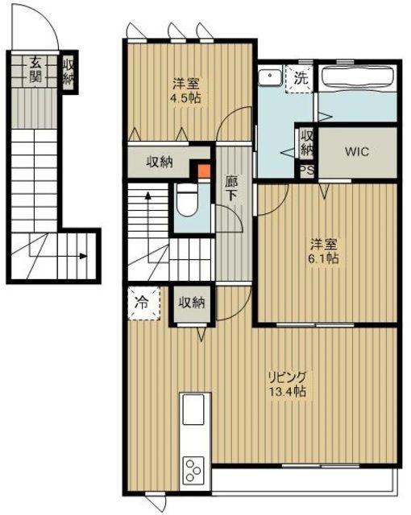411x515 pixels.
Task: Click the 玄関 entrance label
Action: coord(37,70)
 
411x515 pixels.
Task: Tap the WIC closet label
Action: coord(356,150)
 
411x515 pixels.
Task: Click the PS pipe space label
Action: coord(306,170)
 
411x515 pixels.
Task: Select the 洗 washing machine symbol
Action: coord(300,79)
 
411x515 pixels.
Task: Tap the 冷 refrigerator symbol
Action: coord(141,304)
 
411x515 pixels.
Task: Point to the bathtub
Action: coord(355,80)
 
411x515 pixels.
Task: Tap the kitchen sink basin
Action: coord(194,410)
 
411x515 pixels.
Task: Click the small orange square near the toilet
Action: coord(203,170)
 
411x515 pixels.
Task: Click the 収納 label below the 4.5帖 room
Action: coord(160,162)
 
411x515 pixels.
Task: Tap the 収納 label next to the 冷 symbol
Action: coord(191,303)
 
